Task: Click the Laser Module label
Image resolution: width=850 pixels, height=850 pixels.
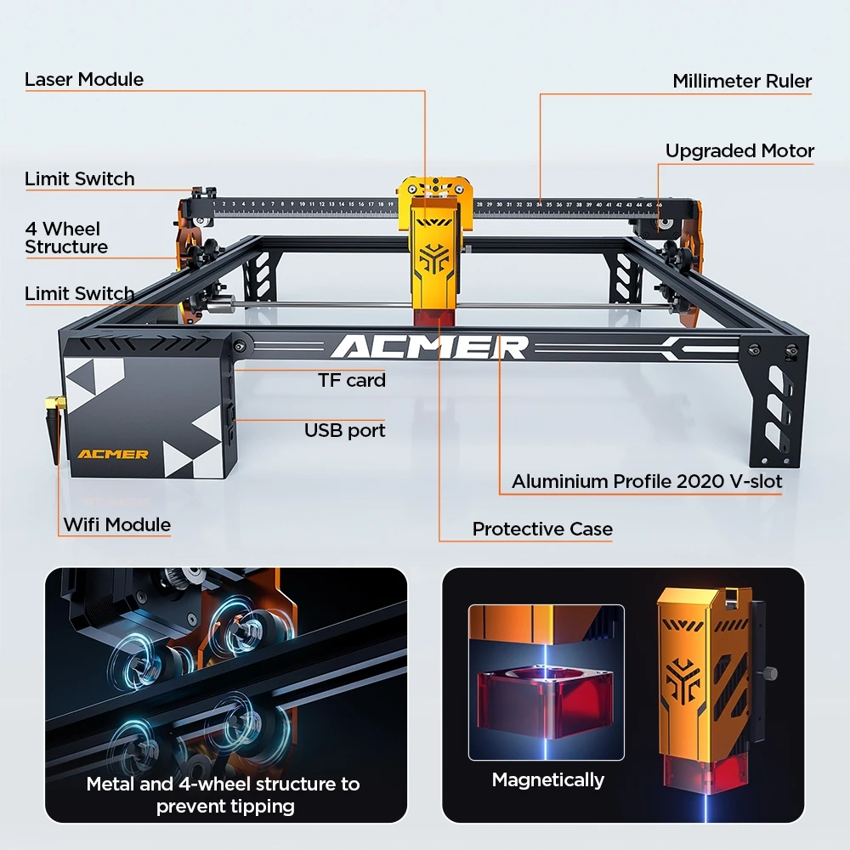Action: pyautogui.click(x=84, y=80)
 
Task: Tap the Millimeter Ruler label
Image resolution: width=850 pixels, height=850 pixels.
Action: pyautogui.click(x=742, y=82)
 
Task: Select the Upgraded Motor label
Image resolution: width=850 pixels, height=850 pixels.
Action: pyautogui.click(x=739, y=151)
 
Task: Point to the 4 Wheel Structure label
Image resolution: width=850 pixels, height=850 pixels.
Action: pyautogui.click(x=66, y=238)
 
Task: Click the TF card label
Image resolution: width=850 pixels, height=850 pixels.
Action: pyautogui.click(x=352, y=380)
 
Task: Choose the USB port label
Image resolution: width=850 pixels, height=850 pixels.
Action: pyautogui.click(x=344, y=430)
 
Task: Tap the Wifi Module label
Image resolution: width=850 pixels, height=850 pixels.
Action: pyautogui.click(x=117, y=524)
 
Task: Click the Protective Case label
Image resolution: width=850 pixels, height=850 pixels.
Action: pyautogui.click(x=542, y=529)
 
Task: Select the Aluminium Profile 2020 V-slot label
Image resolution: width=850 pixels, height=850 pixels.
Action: pyautogui.click(x=647, y=481)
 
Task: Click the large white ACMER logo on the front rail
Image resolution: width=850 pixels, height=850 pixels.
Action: pyautogui.click(x=429, y=347)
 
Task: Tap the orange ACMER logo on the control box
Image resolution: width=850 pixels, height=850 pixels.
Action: pyautogui.click(x=113, y=454)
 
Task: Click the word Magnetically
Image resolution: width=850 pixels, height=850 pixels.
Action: pyautogui.click(x=548, y=779)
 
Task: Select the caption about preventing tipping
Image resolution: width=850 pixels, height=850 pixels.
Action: pyautogui.click(x=223, y=794)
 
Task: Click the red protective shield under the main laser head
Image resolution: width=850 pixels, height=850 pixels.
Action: pyautogui.click(x=437, y=317)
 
